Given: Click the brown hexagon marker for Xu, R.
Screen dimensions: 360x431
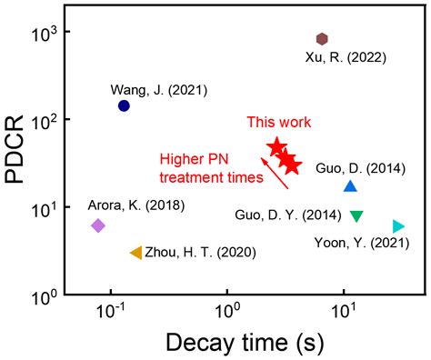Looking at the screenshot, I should (322, 38).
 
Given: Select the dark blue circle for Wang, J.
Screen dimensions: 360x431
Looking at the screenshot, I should (124, 106).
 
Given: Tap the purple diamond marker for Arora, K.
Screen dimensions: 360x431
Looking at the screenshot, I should (98, 225).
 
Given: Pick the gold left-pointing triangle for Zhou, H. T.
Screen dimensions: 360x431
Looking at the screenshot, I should (135, 253).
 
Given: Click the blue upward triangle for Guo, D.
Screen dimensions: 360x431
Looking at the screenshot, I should (350, 186).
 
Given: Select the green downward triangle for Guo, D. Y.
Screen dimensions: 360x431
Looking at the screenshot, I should (356, 216).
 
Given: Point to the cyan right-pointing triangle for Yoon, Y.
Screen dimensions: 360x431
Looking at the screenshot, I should (398, 225).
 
